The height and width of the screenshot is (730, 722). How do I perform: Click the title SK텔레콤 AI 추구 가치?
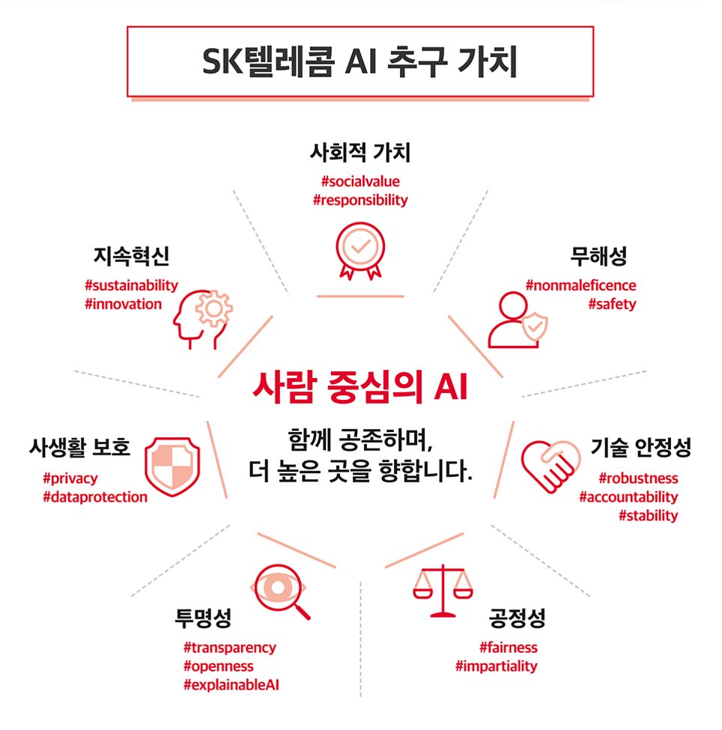[360, 62]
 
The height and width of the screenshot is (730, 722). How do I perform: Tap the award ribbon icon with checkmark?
[360, 250]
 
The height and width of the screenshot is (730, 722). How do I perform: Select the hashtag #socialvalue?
[360, 181]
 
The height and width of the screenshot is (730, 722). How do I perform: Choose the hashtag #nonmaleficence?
[581, 285]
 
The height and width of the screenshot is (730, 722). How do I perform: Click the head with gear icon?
[203, 317]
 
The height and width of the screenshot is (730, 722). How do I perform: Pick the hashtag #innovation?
[124, 304]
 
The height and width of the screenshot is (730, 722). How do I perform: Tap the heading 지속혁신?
[132, 257]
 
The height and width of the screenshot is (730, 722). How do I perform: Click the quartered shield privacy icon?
[172, 463]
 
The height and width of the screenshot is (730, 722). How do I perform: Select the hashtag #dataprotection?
[95, 496]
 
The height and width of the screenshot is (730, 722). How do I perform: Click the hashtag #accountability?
[628, 496]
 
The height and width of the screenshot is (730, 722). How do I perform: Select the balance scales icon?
[443, 591]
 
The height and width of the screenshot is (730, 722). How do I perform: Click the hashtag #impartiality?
[496, 666]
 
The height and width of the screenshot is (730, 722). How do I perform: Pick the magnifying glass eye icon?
[282, 591]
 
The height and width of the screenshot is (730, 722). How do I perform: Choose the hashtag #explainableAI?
[232, 684]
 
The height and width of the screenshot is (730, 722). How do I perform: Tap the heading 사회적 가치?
[360, 153]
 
